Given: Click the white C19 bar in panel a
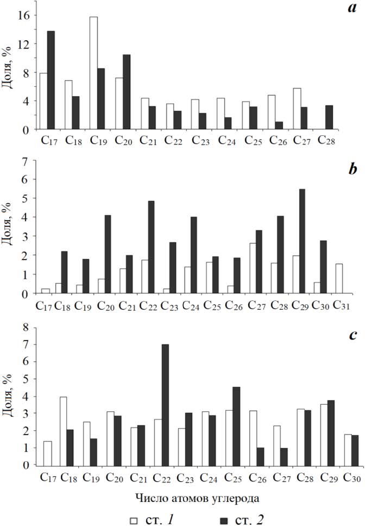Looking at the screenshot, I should [93, 73].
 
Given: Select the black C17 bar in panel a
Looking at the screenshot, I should [51, 80].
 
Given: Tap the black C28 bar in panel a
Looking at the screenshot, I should [329, 117].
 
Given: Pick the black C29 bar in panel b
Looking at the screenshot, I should [302, 241].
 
